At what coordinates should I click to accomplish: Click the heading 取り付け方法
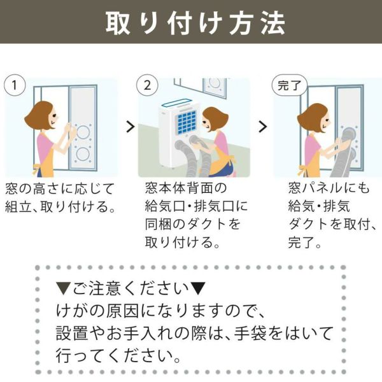(195, 23)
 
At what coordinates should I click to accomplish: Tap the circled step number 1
(15, 85)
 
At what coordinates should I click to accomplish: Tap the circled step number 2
(147, 85)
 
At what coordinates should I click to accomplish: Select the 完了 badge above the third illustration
(290, 85)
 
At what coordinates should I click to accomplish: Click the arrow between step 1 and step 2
(131, 127)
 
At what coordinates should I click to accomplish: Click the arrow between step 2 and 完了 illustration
(263, 127)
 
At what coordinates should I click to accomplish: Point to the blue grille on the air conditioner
(187, 123)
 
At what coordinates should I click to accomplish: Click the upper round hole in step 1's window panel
(83, 132)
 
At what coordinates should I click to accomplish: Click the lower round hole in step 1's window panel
(83, 154)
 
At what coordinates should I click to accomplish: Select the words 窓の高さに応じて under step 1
(60, 189)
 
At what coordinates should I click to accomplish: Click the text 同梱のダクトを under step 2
(193, 224)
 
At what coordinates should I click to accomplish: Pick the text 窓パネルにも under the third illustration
(329, 188)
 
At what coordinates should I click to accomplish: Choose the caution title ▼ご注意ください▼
(131, 288)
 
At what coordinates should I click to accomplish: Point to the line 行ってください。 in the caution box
(118, 356)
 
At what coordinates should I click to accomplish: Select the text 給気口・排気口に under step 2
(196, 206)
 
